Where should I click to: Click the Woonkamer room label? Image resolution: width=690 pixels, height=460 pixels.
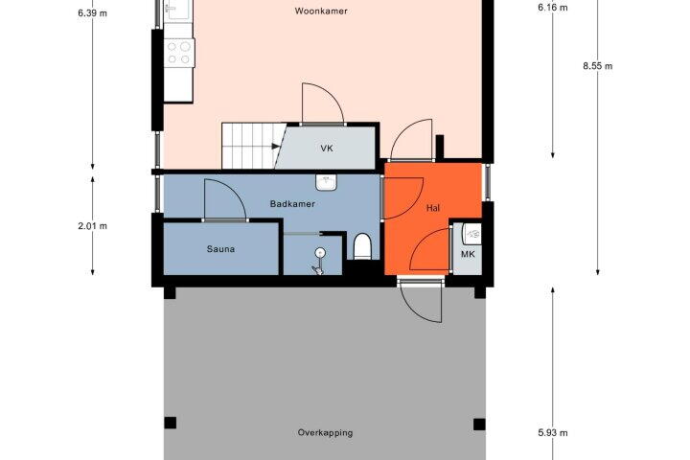coord(321,11)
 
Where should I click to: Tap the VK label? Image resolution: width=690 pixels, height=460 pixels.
coord(327,149)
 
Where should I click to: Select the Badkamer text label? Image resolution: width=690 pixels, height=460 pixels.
coord(292,204)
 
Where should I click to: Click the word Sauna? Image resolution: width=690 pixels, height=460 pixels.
coord(220,249)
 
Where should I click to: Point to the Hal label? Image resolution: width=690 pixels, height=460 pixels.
coord(433,208)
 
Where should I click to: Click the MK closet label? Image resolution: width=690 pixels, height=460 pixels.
coord(468,254)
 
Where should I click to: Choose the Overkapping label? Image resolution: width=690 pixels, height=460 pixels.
coord(325,433)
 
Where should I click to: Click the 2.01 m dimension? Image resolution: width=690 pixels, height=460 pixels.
coord(92,226)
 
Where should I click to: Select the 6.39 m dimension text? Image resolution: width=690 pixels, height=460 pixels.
coord(92,13)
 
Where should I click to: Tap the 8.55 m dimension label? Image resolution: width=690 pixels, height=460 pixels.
coord(598,66)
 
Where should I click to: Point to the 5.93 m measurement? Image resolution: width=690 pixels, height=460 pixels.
coord(553,433)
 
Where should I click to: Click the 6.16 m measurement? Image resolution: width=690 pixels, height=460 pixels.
coord(553,7)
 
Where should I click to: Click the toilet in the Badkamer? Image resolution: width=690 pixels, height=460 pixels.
coord(363,246)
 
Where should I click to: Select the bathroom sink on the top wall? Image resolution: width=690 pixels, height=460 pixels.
coord(326,182)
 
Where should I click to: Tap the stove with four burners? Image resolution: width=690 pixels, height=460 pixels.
coord(179,53)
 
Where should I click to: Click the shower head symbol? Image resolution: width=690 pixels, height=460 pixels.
coord(320,253)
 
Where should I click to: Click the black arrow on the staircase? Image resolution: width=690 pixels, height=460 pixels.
coord(276,147)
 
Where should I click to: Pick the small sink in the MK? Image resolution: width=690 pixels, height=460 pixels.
coord(471,234)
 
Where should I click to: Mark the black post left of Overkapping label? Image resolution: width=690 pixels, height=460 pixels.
coord(171,423)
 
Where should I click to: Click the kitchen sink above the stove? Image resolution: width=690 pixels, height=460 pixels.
coord(178,11)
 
